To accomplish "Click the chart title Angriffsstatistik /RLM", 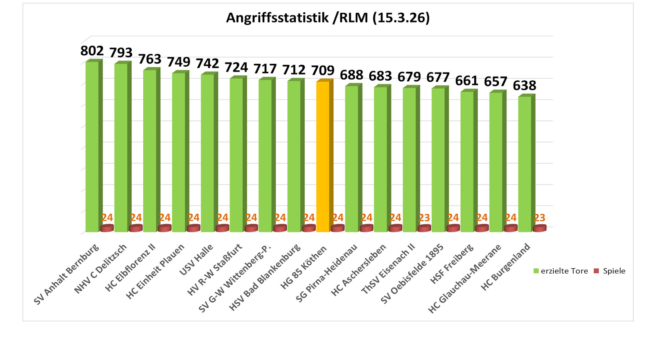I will tap(328, 18).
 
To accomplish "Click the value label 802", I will tap(92, 51).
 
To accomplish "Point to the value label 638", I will tap(525, 85).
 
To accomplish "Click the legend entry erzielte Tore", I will tap(560, 271).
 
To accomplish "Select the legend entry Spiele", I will tap(610, 271).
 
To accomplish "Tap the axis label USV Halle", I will tap(197, 259).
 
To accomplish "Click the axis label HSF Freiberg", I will tap(452, 264).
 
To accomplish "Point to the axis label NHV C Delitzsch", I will tap(101, 269).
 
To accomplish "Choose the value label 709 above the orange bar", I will tap(323, 70).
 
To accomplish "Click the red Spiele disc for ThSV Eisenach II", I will tap(424, 228).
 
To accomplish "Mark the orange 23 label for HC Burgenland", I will tap(539, 218).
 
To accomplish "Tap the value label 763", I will tap(150, 59).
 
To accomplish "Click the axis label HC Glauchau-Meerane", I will tap(465, 279).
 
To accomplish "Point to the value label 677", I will tap(438, 78).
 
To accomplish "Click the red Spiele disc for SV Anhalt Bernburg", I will tap(107, 228).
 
